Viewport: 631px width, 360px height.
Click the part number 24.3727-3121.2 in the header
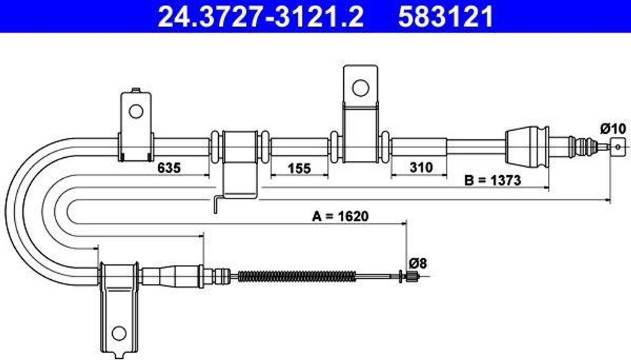[x=261, y=17]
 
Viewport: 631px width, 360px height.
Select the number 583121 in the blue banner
[x=446, y=17]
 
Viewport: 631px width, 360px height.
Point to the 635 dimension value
[x=169, y=168]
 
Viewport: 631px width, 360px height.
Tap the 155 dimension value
[x=299, y=168]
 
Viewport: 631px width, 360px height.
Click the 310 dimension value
[x=421, y=166]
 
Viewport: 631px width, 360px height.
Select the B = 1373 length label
[x=492, y=180]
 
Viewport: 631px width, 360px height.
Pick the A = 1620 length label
[x=340, y=216]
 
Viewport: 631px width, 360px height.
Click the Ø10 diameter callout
[x=613, y=129]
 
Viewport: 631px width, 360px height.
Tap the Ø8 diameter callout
[x=418, y=263]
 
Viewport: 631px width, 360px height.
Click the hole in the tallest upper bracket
[x=360, y=88]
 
